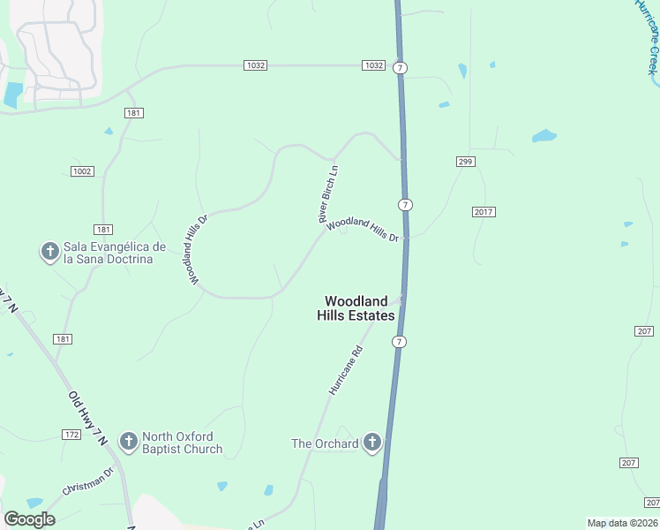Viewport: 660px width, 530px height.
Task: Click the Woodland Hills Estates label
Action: (x=356, y=307)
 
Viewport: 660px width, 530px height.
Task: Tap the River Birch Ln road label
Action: (x=328, y=193)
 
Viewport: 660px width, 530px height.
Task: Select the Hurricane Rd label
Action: (x=345, y=370)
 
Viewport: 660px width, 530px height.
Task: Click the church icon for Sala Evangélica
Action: (x=49, y=252)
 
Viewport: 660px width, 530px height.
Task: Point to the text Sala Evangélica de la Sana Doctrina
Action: (x=115, y=252)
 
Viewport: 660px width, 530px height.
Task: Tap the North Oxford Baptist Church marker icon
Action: (x=129, y=441)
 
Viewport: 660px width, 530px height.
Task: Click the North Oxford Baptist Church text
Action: (x=183, y=443)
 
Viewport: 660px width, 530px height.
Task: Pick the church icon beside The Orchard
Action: (x=372, y=443)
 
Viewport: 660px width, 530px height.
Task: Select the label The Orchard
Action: (x=325, y=443)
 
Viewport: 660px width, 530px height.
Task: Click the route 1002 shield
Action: (x=82, y=170)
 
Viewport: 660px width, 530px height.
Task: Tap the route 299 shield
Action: (x=467, y=161)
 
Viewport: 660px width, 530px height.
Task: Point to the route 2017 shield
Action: (x=484, y=211)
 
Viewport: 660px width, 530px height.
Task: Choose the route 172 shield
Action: (x=72, y=435)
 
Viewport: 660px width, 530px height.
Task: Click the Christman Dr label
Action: (x=88, y=481)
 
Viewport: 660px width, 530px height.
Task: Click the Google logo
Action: (x=29, y=519)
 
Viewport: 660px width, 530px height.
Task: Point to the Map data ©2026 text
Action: (x=622, y=523)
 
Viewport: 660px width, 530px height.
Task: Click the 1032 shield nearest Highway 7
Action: (x=373, y=65)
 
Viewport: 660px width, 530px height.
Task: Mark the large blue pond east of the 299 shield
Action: (x=544, y=136)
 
